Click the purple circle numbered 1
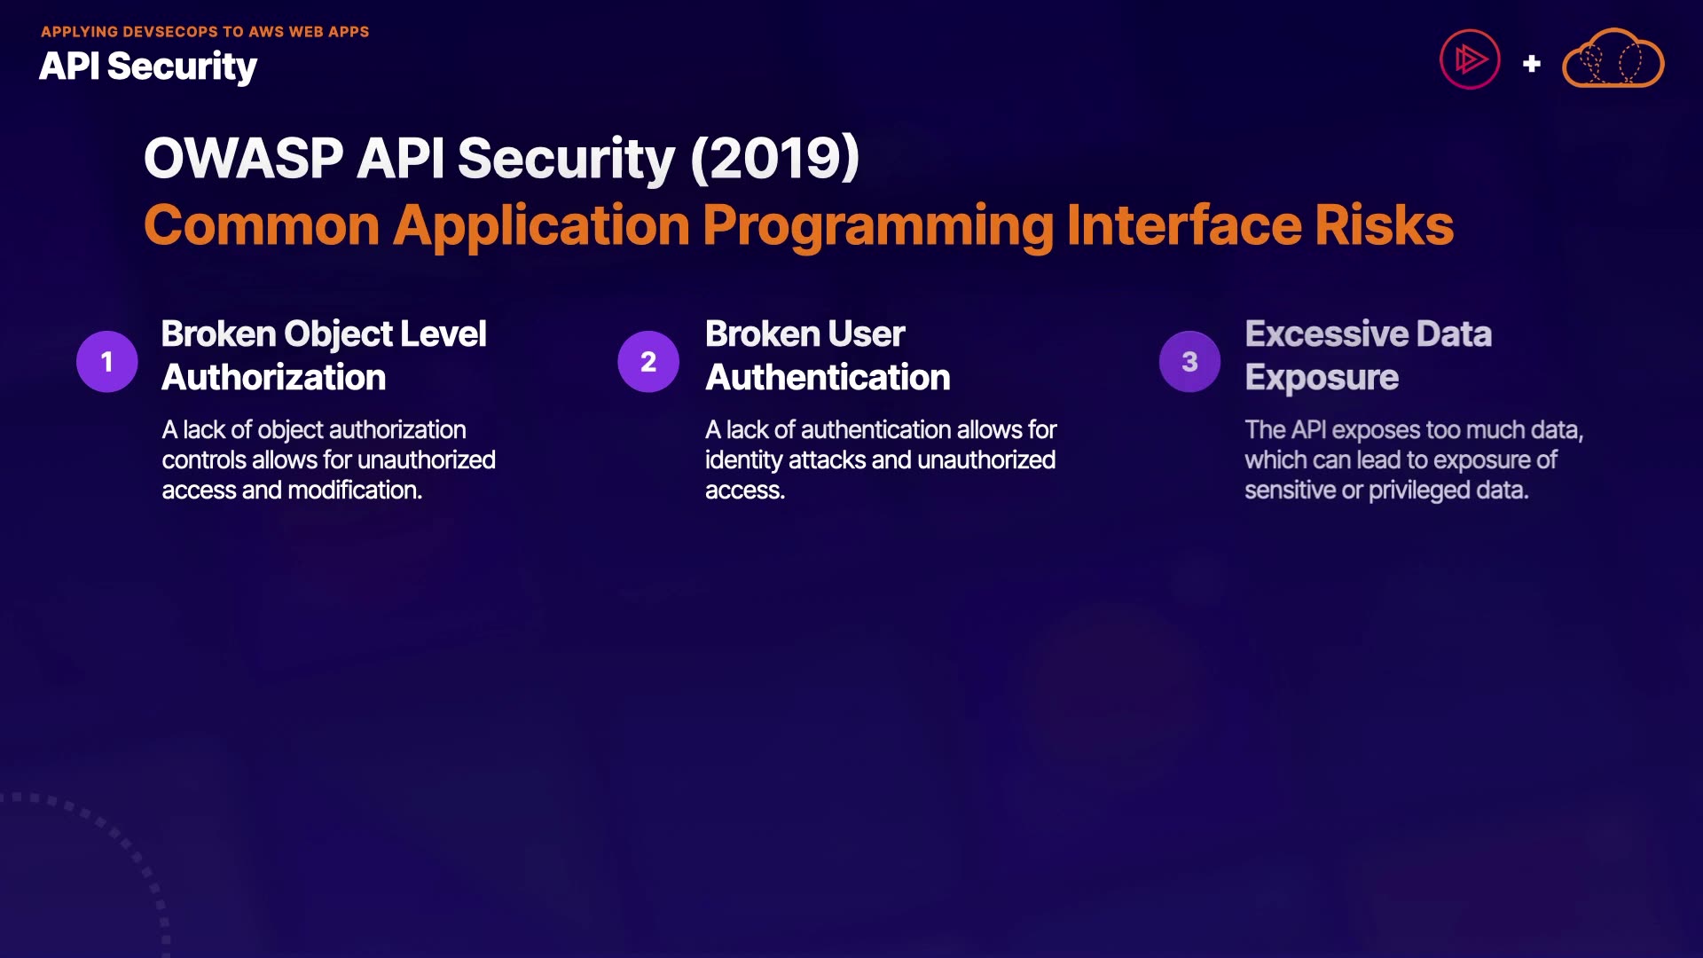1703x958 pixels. pos(107,362)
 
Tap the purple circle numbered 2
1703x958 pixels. pos(648,362)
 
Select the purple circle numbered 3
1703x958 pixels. pos(1189,362)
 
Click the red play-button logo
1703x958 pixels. pos(1470,59)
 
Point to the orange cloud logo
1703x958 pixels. pos(1613,59)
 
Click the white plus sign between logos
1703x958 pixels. pos(1531,64)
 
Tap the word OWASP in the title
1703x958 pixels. pos(243,159)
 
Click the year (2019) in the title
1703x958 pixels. pos(774,159)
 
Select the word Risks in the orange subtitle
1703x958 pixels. pos(1384,225)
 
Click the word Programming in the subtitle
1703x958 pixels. pos(877,227)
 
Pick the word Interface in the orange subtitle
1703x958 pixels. pos(1184,225)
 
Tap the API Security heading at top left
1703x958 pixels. pos(148,67)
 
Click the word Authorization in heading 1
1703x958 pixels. pos(274,378)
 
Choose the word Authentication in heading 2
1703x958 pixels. pos(828,378)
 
